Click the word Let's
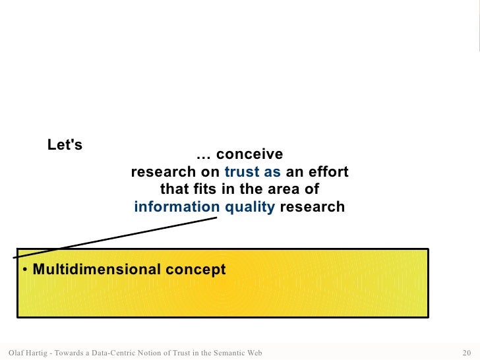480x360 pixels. point(65,144)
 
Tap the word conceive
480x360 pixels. point(249,154)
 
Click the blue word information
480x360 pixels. point(177,207)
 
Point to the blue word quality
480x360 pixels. point(250,207)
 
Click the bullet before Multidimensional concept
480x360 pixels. point(24,270)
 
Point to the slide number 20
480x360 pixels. point(469,352)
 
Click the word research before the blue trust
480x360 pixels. point(162,172)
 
